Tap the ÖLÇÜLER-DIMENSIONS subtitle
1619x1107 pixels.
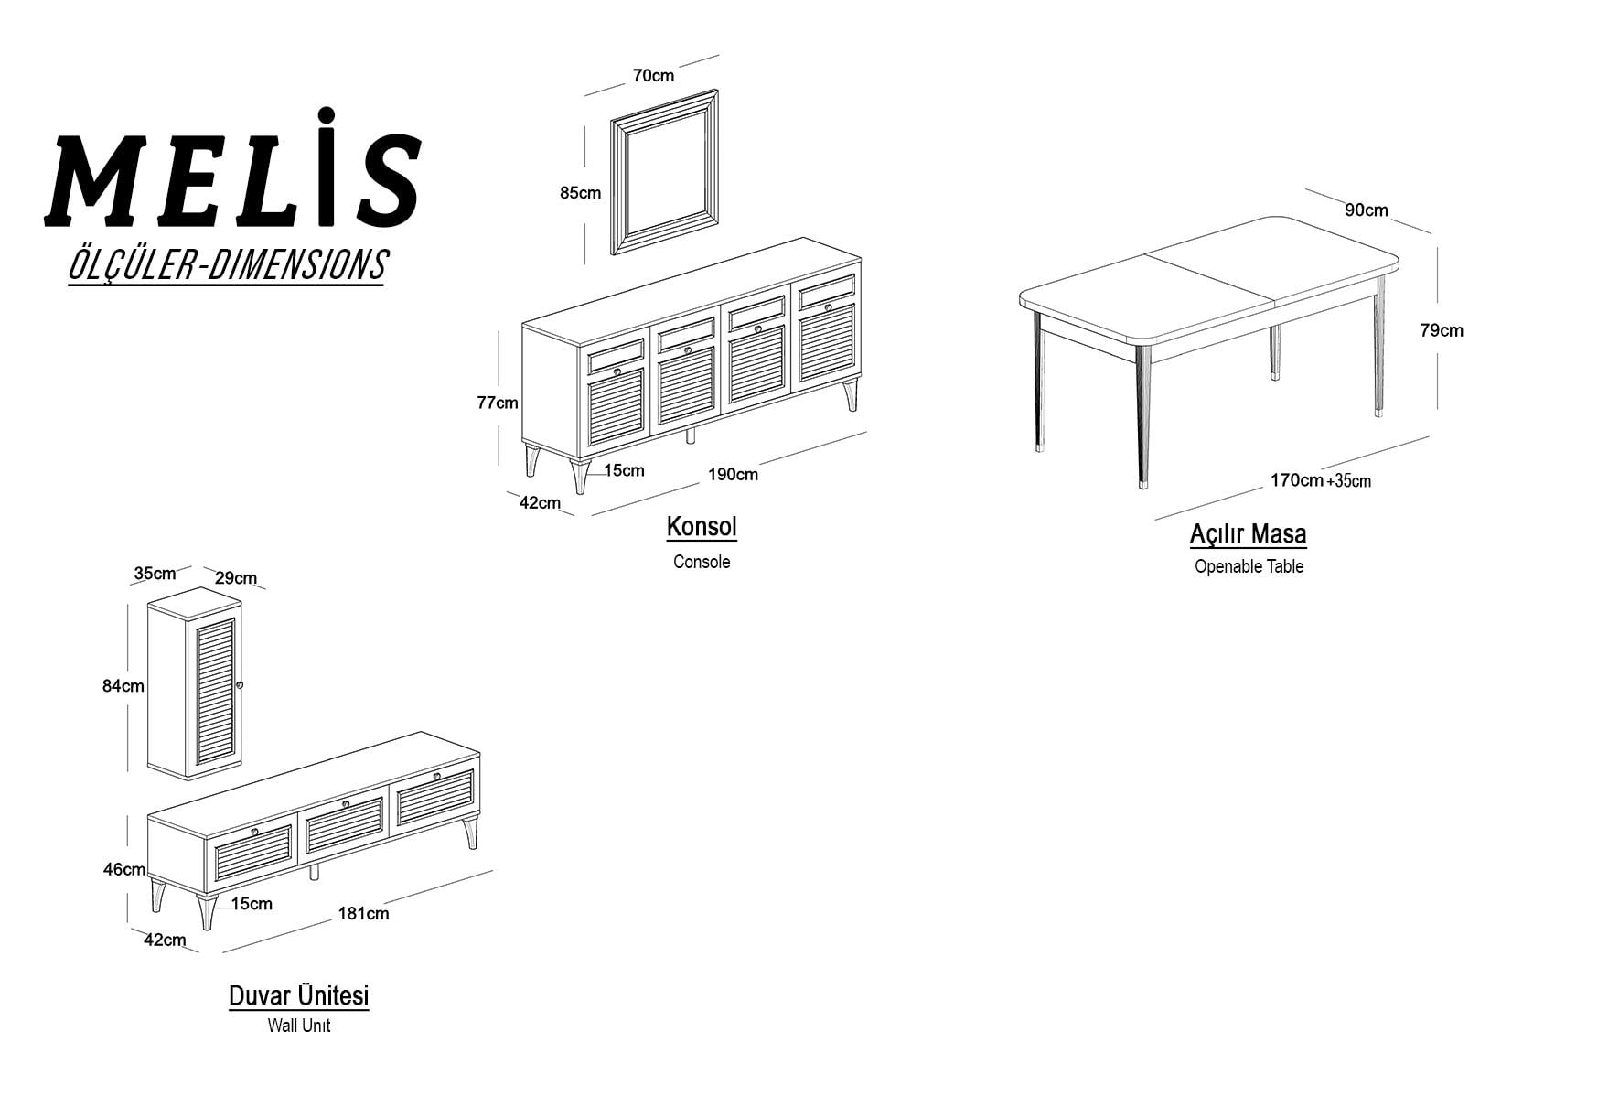pyautogui.click(x=227, y=265)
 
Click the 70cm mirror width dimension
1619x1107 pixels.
pyautogui.click(x=653, y=76)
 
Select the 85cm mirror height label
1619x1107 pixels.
pyautogui.click(x=580, y=193)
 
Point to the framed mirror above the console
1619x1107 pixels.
pyautogui.click(x=664, y=171)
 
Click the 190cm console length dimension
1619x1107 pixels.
pyautogui.click(x=733, y=474)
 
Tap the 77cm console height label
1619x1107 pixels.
pyautogui.click(x=498, y=403)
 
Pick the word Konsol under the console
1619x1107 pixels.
pyautogui.click(x=702, y=527)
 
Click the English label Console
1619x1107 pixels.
pyautogui.click(x=702, y=562)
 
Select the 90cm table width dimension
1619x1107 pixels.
pyautogui.click(x=1367, y=210)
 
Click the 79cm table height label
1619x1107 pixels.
pyautogui.click(x=1442, y=330)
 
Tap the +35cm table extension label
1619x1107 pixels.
pyautogui.click(x=1349, y=481)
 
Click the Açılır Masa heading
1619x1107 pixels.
pyautogui.click(x=1249, y=533)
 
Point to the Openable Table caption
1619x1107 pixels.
pyautogui.click(x=1249, y=566)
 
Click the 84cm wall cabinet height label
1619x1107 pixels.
pyautogui.click(x=123, y=686)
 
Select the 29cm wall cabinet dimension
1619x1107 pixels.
pyautogui.click(x=236, y=578)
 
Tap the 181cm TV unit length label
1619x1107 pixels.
pyautogui.click(x=363, y=913)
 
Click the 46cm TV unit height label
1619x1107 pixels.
pyautogui.click(x=123, y=869)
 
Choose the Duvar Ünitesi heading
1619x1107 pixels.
pyautogui.click(x=299, y=995)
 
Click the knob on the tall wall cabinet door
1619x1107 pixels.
pyautogui.click(x=240, y=685)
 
